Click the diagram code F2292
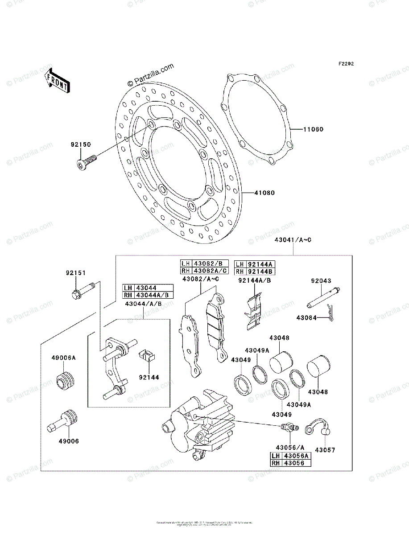pyautogui.click(x=346, y=64)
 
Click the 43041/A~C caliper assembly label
pyautogui.click(x=293, y=240)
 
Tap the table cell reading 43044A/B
pyautogui.click(x=154, y=295)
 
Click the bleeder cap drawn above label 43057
pyautogui.click(x=318, y=427)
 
